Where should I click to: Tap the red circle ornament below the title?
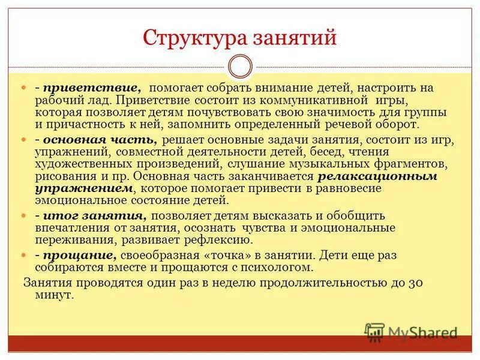pyautogui.click(x=240, y=66)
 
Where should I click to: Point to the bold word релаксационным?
pyautogui.click(x=377, y=176)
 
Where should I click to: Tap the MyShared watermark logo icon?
pyautogui.click(x=375, y=332)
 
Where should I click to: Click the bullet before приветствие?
pyautogui.click(x=25, y=88)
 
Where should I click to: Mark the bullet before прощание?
pyautogui.click(x=25, y=256)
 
